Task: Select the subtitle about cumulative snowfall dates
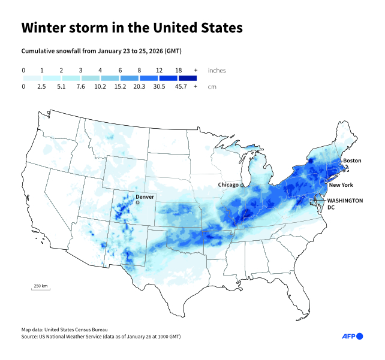click(x=101, y=52)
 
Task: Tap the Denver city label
click(x=145, y=196)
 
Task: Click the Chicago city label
click(x=228, y=185)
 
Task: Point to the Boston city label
click(x=352, y=161)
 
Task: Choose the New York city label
click(x=341, y=185)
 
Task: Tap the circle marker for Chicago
click(x=242, y=185)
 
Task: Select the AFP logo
click(x=352, y=336)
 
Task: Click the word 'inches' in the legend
click(x=216, y=70)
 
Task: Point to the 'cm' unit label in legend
click(x=212, y=86)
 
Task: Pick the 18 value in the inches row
click(x=178, y=70)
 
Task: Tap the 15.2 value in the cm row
click(x=120, y=86)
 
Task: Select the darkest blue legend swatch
click(x=187, y=78)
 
